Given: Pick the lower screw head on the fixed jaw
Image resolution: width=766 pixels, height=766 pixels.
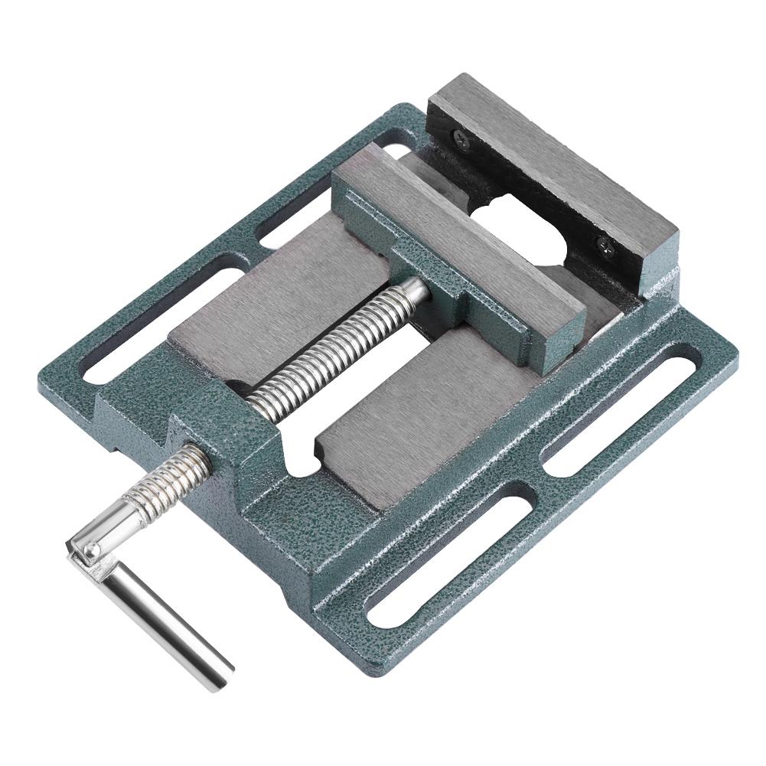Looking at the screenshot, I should pyautogui.click(x=604, y=246).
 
